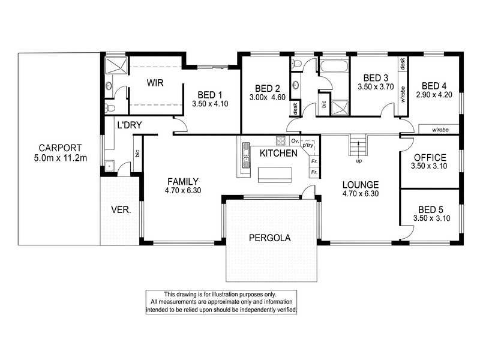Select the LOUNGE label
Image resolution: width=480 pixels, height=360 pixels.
point(360,184)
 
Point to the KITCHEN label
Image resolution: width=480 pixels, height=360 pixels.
point(278,154)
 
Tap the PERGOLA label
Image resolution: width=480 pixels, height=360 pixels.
point(269,238)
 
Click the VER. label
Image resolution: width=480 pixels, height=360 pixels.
point(121,211)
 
